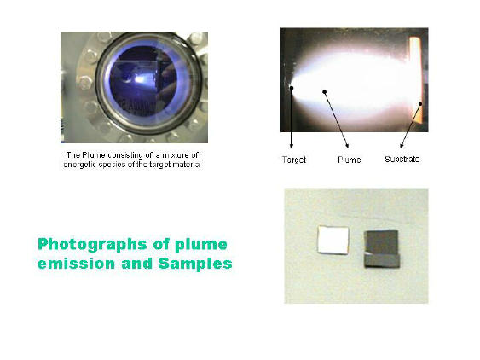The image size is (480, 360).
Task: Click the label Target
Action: (294, 160)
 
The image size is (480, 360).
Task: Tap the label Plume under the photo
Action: (350, 160)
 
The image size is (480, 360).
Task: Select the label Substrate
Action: (402, 160)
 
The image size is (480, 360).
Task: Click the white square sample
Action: (333, 240)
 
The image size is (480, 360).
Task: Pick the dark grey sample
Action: (381, 249)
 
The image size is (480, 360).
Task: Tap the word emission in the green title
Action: (76, 264)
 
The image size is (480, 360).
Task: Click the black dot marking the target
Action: (292, 88)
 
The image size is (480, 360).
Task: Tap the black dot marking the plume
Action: (325, 91)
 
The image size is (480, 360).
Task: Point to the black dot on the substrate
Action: (420, 104)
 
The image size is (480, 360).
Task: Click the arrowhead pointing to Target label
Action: (292, 146)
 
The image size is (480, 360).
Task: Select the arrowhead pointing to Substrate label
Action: (402, 145)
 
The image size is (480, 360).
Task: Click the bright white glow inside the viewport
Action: (140, 79)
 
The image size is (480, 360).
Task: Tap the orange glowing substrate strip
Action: (416, 80)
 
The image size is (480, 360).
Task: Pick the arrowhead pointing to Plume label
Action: (347, 145)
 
